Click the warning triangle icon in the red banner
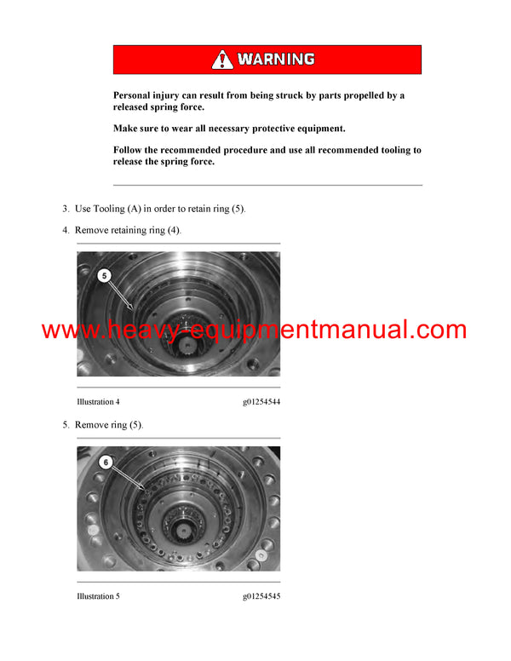pos(222,59)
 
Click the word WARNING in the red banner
pos(275,60)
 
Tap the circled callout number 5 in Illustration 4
pos(104,275)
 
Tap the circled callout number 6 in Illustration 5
pos(104,462)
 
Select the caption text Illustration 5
pos(98,596)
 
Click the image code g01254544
pos(261,401)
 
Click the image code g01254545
pos(261,596)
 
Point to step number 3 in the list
pos(65,209)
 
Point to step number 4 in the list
pos(65,230)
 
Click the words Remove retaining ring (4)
pos(128,230)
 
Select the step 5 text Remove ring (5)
pos(109,424)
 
